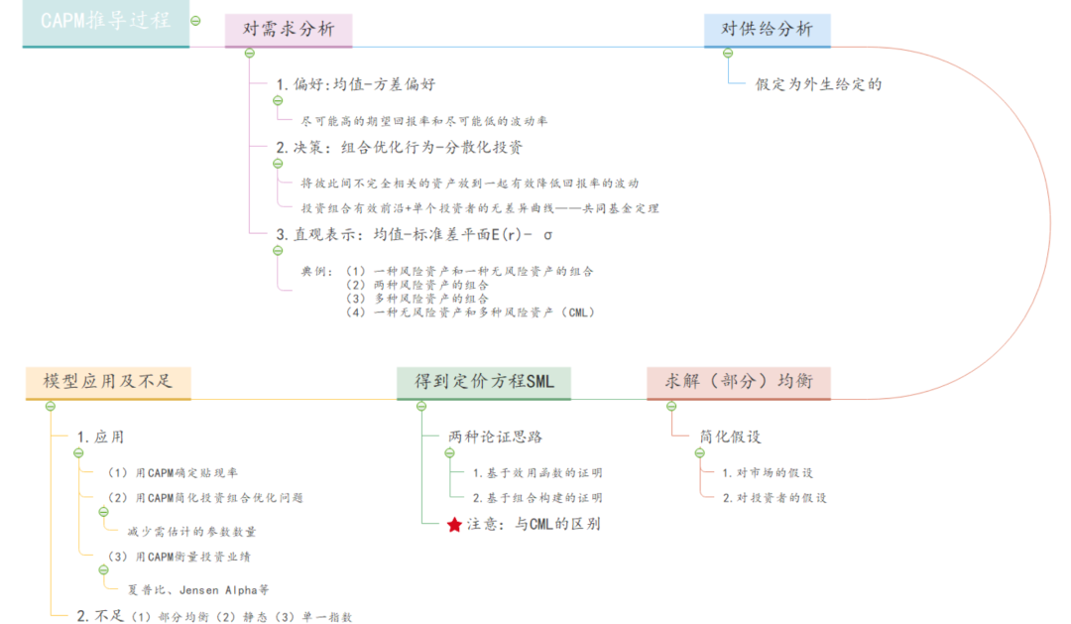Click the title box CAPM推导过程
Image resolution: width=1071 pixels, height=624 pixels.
point(105,22)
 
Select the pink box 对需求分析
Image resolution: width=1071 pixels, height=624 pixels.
point(288,31)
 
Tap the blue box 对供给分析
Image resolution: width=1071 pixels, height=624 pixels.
point(767,30)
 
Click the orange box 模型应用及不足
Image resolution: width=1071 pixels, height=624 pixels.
point(108,382)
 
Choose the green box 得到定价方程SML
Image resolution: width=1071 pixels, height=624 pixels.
point(484,382)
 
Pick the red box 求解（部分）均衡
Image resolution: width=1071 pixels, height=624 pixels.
point(738,382)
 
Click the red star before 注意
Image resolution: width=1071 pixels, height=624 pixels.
point(454,524)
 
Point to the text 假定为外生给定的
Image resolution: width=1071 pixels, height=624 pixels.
point(818,83)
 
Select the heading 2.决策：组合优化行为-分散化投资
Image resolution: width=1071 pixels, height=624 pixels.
point(399,147)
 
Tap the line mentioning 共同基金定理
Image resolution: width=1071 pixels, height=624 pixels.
point(480,208)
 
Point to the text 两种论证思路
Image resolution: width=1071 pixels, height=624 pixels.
point(495,437)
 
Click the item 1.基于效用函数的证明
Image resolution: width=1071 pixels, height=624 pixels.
point(536,472)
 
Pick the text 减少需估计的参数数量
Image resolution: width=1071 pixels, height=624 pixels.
point(192,531)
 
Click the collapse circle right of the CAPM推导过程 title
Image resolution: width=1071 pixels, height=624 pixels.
point(196,20)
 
